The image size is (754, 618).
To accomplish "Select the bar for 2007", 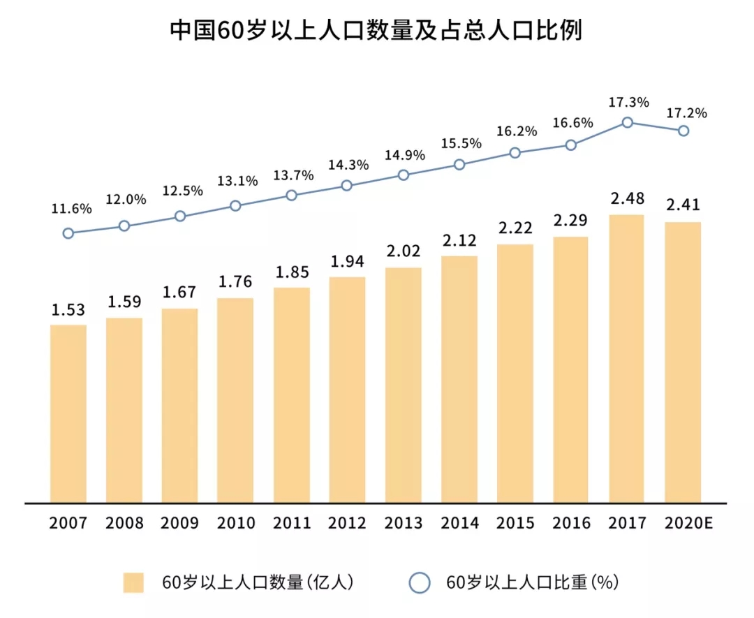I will click(x=68, y=413).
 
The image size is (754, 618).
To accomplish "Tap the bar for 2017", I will click(x=626, y=358).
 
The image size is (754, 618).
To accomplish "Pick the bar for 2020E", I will click(x=683, y=362).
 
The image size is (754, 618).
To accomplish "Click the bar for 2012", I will click(x=347, y=389).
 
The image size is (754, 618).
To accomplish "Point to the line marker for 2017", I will click(x=627, y=122).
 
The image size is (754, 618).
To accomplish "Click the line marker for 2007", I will click(x=68, y=233).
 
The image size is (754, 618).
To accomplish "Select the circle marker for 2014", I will click(x=459, y=165).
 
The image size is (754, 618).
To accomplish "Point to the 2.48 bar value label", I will click(x=627, y=200).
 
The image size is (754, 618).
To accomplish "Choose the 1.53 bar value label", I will click(x=68, y=310).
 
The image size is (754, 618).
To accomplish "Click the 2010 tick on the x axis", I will click(x=235, y=523).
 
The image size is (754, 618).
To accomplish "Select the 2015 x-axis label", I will click(x=515, y=523).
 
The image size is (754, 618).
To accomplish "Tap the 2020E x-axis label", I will click(x=683, y=523).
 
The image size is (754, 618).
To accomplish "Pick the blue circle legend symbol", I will click(x=419, y=582).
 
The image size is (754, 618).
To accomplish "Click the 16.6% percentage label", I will click(x=572, y=123).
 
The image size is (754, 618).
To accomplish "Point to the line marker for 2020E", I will click(x=683, y=131).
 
